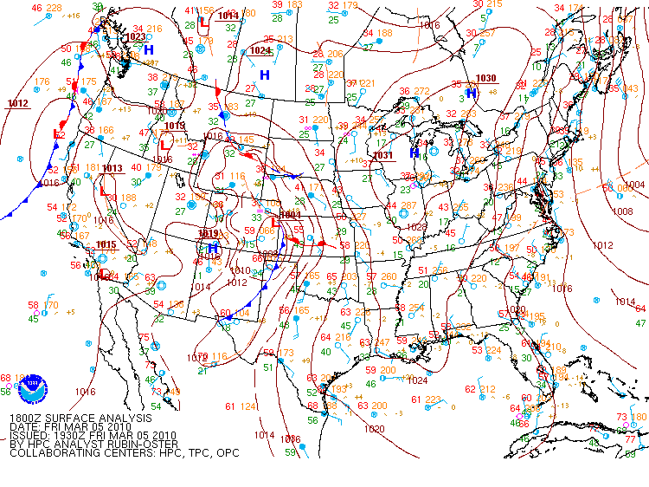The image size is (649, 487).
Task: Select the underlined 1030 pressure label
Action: tap(486, 78)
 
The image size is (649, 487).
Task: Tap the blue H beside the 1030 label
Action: tap(472, 93)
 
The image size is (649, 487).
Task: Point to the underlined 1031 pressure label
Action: tap(382, 155)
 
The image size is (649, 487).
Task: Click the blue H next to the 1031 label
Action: tap(414, 153)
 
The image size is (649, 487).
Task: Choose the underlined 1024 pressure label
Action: tap(260, 50)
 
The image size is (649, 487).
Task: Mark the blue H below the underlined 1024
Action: tap(265, 75)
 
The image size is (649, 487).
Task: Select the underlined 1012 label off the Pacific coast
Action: tap(18, 103)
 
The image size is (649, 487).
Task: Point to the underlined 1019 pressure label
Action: tap(209, 233)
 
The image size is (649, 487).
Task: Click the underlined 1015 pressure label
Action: tap(106, 244)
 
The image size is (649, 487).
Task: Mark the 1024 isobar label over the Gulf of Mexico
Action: tap(419, 380)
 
